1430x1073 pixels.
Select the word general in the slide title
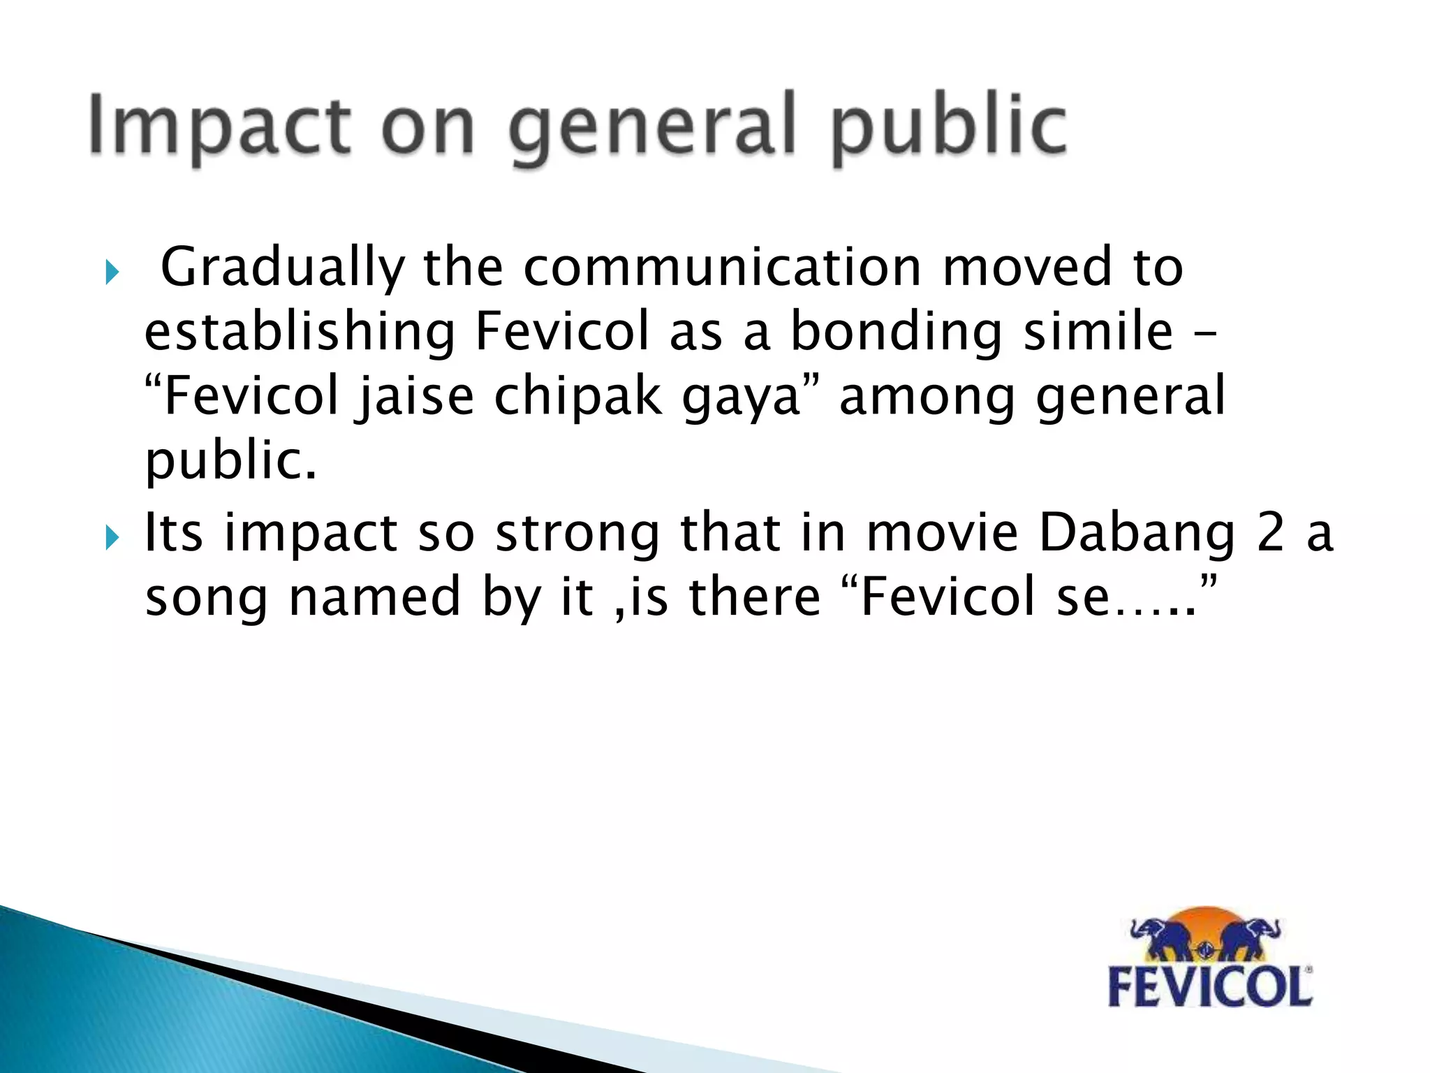(x=652, y=129)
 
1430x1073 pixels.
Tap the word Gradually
(x=283, y=268)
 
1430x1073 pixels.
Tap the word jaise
(x=415, y=396)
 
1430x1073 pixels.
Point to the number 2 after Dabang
(x=1270, y=532)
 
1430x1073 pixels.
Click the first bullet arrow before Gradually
(x=112, y=272)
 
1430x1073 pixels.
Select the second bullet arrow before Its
(x=112, y=538)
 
